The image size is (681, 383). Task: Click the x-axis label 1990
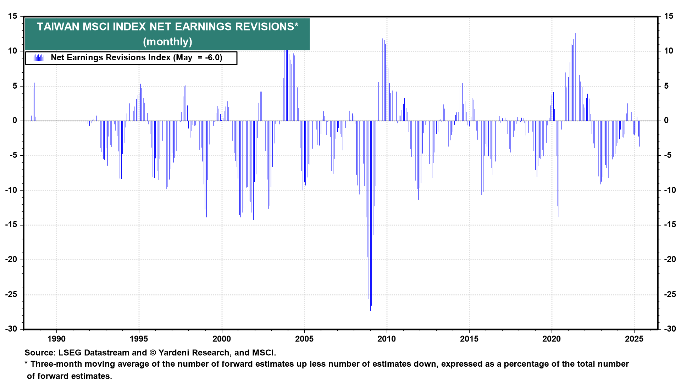click(56, 339)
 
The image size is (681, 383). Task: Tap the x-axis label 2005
click(304, 339)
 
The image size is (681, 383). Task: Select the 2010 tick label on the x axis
click(387, 339)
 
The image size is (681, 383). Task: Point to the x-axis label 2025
click(634, 339)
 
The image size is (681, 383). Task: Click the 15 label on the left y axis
click(12, 16)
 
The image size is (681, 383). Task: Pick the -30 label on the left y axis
click(11, 329)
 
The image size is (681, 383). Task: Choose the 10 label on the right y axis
click(669, 51)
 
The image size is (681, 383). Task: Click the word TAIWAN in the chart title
click(58, 27)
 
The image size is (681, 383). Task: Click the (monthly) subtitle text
click(167, 42)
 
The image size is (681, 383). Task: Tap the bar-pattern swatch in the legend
click(38, 58)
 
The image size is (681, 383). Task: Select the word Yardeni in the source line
click(175, 353)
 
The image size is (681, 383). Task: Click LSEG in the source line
click(70, 353)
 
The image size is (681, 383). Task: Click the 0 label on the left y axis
click(15, 121)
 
